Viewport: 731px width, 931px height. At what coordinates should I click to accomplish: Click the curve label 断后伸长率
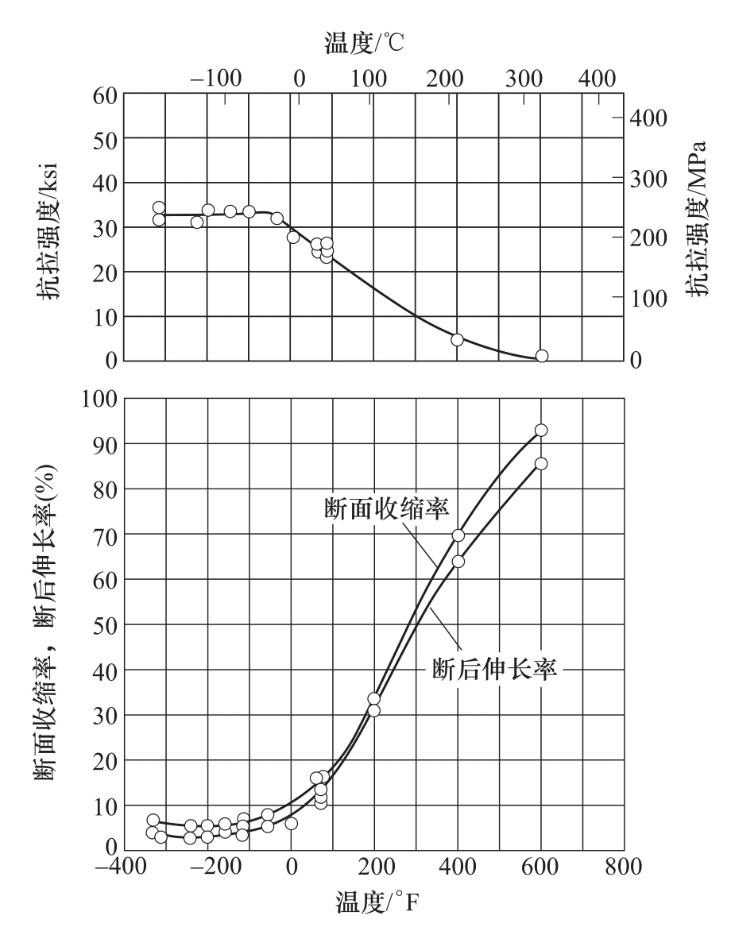[493, 670]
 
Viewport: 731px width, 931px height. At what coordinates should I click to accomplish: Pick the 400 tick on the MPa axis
[652, 118]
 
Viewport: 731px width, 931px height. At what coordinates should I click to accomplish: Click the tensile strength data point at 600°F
[542, 356]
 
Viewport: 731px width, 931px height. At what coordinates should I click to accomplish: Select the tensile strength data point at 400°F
[457, 339]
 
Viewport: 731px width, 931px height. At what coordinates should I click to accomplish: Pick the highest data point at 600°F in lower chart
[541, 431]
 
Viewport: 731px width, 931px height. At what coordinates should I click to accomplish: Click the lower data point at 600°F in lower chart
[541, 463]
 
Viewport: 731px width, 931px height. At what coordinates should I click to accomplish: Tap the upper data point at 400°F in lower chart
[458, 535]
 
